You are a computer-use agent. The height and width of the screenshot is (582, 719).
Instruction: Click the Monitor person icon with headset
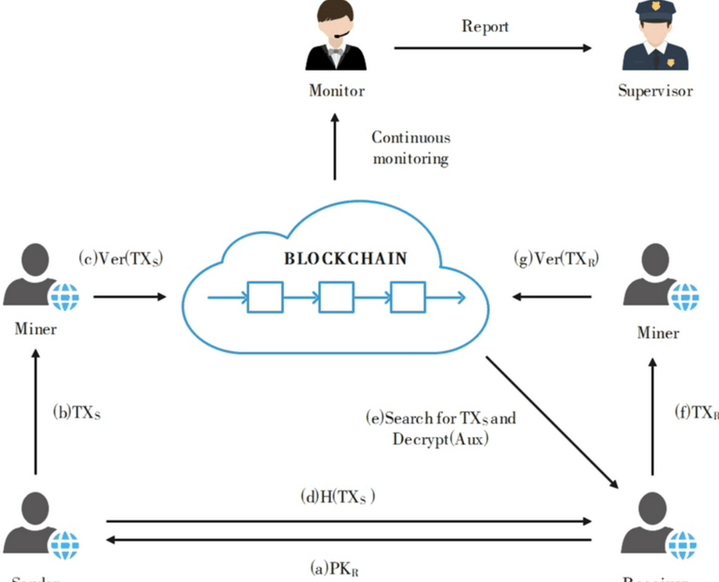coord(336,38)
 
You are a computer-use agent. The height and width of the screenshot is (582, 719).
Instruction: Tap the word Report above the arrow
coord(485,26)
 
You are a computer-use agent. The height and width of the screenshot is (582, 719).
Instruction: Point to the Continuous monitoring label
coord(411,148)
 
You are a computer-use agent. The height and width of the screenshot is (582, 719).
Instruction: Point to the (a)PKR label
coord(334,569)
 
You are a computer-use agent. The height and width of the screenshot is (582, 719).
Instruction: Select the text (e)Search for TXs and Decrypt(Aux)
coord(441,428)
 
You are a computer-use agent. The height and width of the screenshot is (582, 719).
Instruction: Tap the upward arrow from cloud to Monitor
coord(334,148)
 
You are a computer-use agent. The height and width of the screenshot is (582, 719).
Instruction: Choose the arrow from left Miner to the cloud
coord(129,297)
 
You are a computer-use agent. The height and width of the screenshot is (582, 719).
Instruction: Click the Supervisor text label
coord(655,90)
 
